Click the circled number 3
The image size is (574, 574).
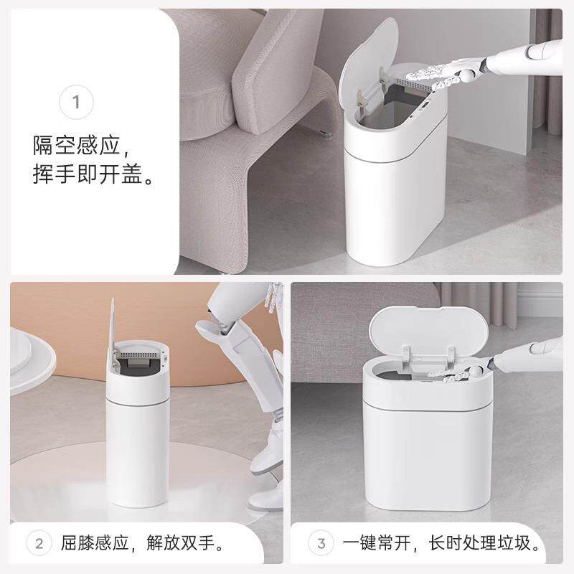point(320,540)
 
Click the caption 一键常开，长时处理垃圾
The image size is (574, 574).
point(443,540)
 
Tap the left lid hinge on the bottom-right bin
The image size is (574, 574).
point(405,352)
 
